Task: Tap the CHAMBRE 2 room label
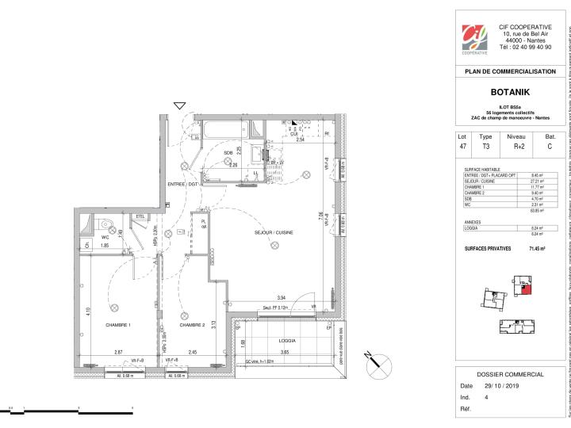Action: pos(192,325)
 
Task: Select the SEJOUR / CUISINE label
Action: pos(269,233)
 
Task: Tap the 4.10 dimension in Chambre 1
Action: pos(86,290)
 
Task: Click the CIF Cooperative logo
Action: pos(475,36)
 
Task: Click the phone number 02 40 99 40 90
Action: pos(526,47)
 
